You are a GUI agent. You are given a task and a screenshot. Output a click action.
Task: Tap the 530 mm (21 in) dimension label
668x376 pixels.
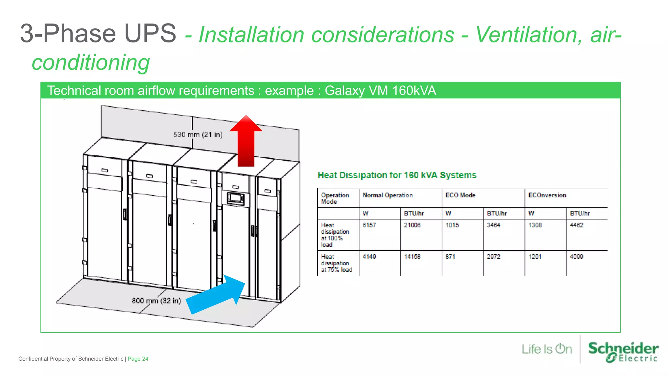(198, 134)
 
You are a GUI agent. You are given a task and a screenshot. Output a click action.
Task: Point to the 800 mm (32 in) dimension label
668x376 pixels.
(156, 301)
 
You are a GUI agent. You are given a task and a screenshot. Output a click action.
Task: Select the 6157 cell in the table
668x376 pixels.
(369, 225)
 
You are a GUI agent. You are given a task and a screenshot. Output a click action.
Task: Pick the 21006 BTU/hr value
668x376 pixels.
(412, 225)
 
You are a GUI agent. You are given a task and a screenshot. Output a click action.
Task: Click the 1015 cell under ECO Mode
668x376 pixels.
(452, 225)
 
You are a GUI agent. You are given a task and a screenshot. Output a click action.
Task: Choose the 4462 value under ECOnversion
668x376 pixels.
(576, 225)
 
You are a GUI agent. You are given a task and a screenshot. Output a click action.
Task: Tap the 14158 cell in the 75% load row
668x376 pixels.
(412, 257)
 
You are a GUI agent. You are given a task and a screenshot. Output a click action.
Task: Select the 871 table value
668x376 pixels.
(450, 257)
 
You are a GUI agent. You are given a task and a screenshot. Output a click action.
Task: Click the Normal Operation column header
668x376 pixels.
(387, 195)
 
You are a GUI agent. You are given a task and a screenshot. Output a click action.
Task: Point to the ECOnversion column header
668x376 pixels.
(547, 195)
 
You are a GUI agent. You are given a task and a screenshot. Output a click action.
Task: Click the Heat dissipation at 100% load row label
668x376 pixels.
(335, 235)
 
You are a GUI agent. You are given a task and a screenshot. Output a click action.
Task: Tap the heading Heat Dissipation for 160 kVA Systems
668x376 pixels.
(397, 175)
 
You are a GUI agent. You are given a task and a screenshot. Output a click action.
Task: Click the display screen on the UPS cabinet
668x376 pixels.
(235, 198)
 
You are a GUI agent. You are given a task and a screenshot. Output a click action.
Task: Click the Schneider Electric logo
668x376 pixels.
(623, 352)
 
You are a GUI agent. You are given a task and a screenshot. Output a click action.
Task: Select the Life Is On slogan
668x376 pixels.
(547, 349)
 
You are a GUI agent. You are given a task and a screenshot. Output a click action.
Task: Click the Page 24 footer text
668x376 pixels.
(138, 359)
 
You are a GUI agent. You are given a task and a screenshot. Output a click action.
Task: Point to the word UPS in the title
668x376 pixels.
(150, 33)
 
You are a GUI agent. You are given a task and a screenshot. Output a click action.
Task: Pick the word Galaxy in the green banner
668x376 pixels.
(344, 91)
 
